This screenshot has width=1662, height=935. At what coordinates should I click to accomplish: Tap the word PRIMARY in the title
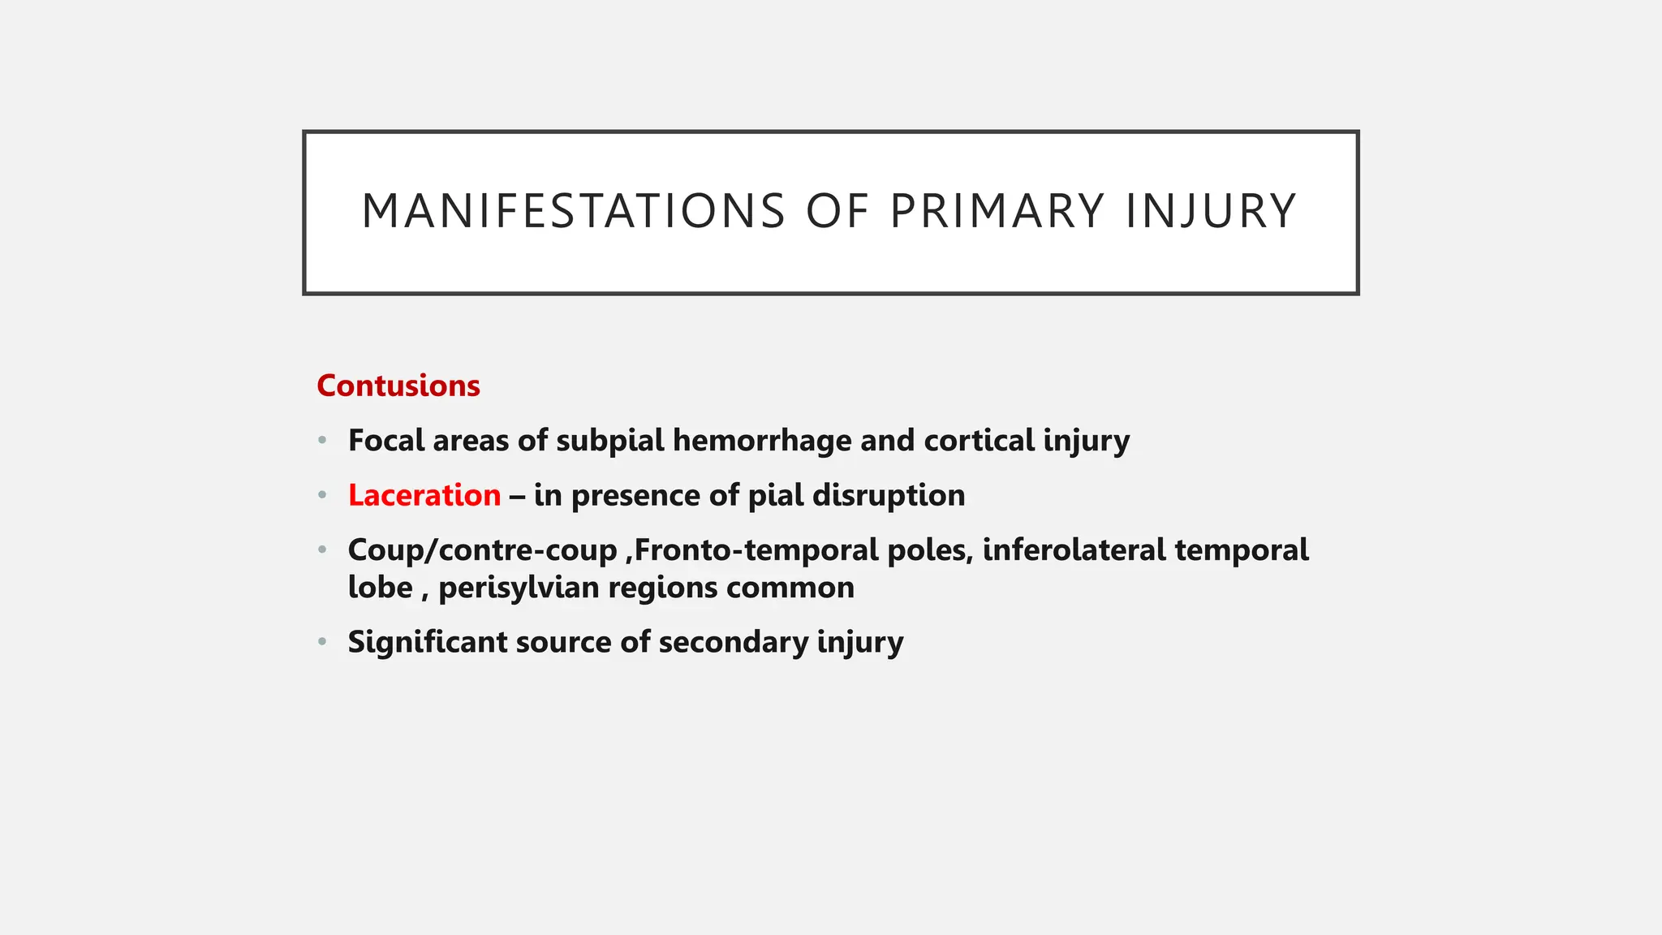pyautogui.click(x=997, y=212)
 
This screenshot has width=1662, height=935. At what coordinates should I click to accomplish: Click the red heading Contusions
pyautogui.click(x=398, y=386)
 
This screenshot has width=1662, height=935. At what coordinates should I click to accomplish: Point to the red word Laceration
pyautogui.click(x=424, y=495)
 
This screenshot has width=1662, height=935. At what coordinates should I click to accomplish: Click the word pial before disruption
pyautogui.click(x=775, y=495)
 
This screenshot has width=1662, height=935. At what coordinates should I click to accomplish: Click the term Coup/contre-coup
pyautogui.click(x=483, y=550)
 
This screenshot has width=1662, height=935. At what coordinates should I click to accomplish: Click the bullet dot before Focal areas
pyautogui.click(x=323, y=441)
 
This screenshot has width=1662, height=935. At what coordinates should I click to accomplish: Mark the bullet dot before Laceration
pyautogui.click(x=323, y=495)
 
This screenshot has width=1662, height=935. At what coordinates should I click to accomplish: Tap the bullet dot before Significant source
pyautogui.click(x=323, y=642)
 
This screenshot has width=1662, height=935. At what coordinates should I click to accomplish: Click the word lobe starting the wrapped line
pyautogui.click(x=380, y=588)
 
